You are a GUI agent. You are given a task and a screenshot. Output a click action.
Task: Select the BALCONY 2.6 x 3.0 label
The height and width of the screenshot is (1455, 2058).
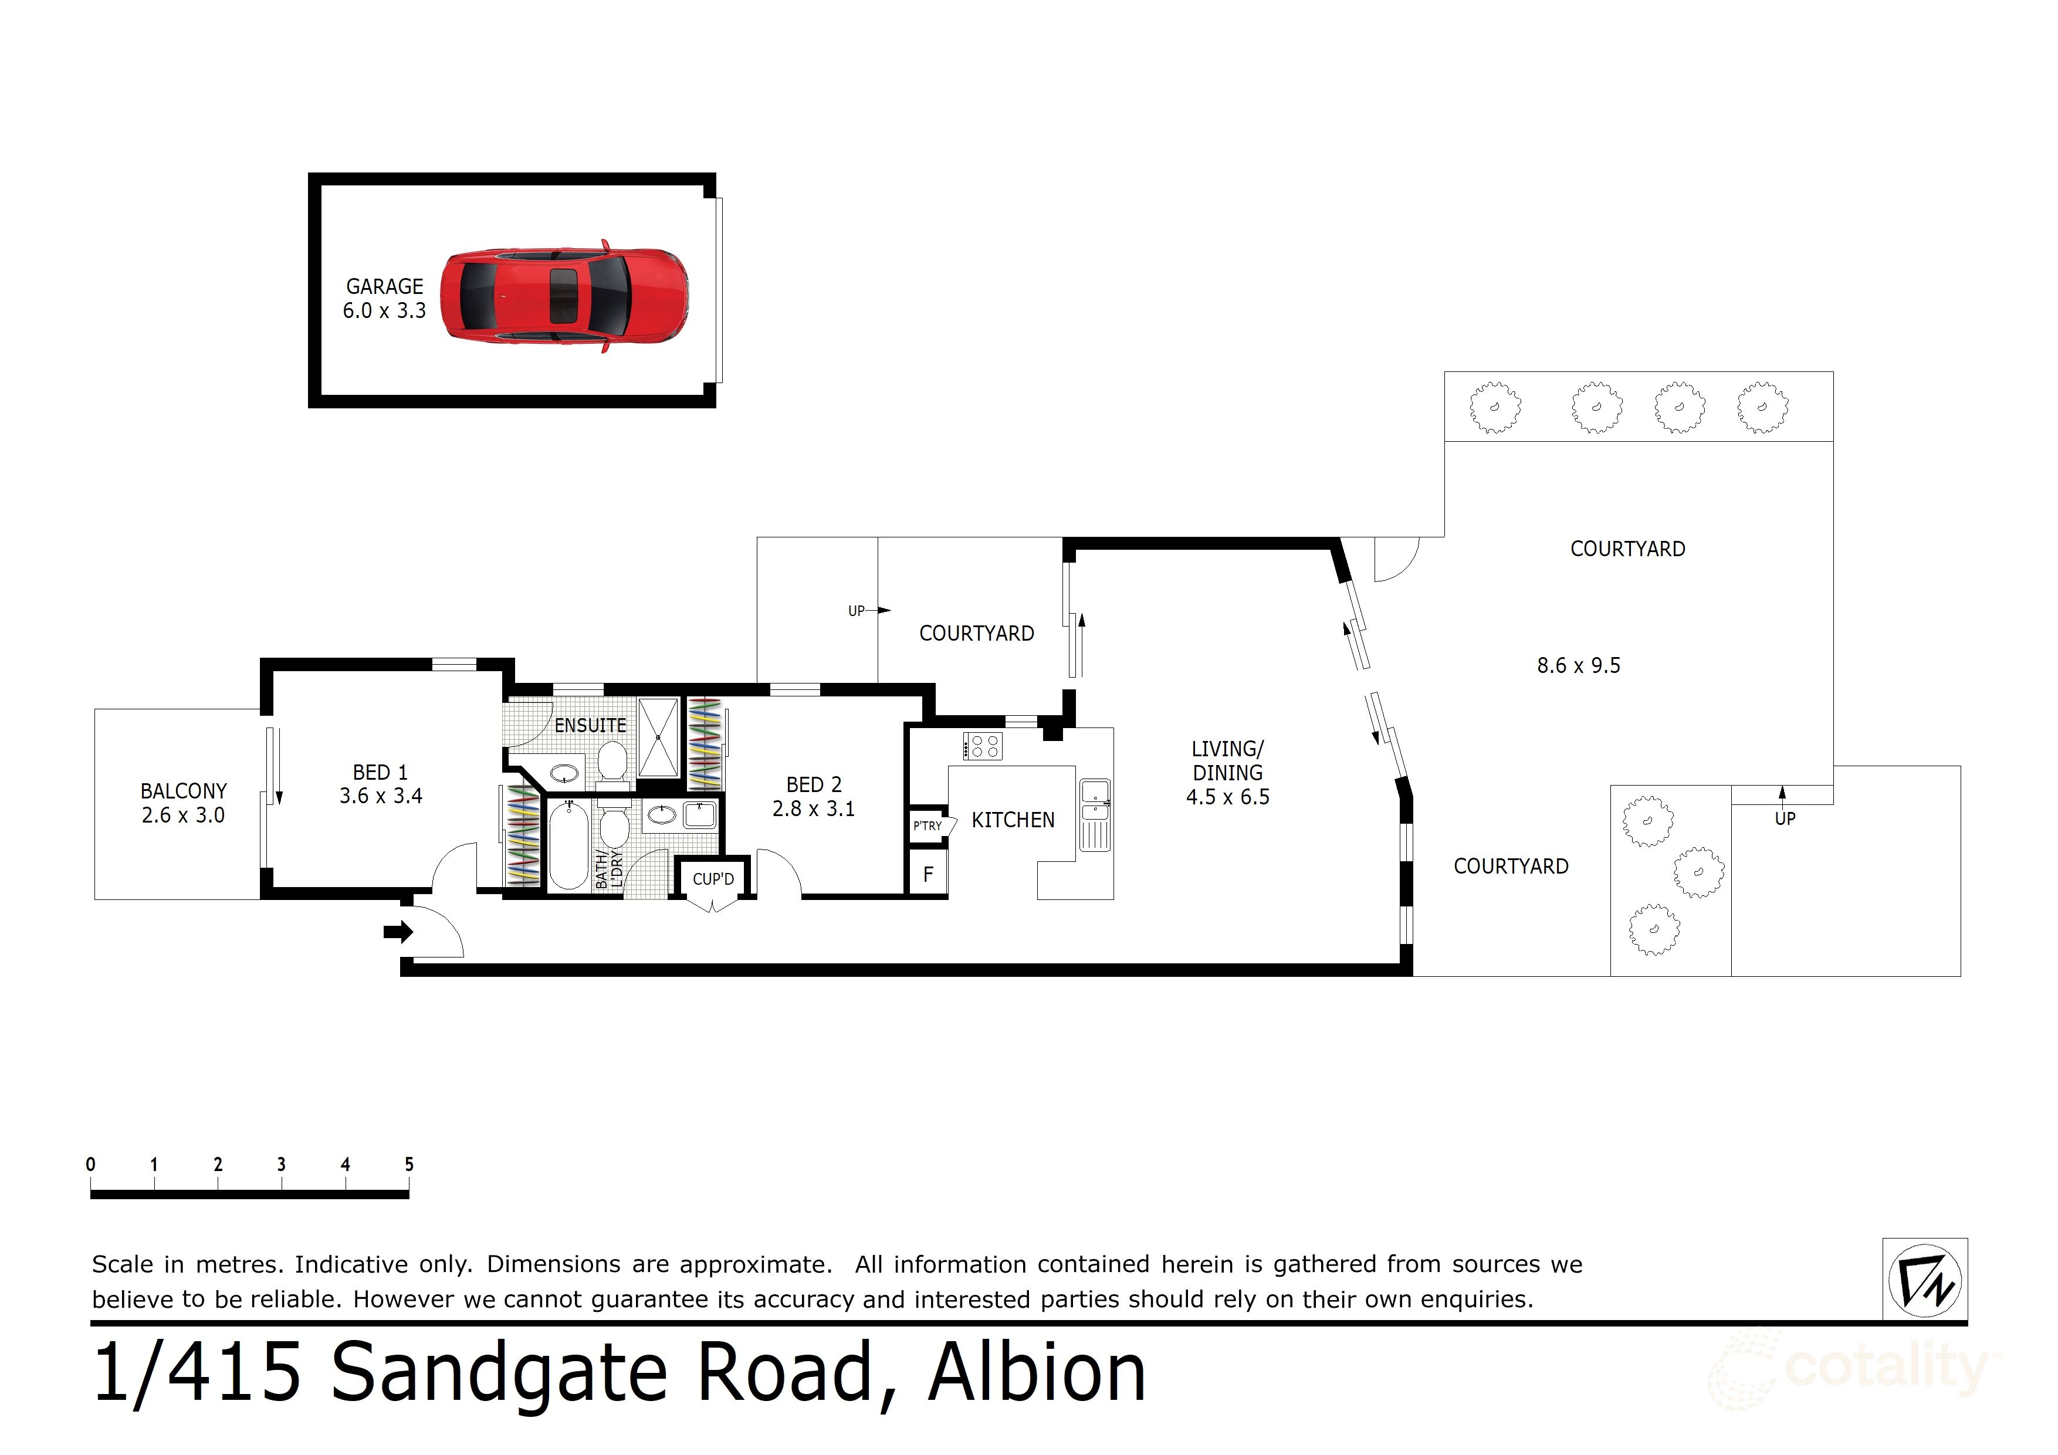coord(184,803)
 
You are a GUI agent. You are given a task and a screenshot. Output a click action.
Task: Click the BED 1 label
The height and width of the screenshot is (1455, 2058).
coord(380,773)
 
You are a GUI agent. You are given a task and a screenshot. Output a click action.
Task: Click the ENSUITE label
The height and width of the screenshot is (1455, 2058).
coord(590,725)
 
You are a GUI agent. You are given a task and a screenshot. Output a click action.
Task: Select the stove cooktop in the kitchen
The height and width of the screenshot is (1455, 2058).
coord(983,746)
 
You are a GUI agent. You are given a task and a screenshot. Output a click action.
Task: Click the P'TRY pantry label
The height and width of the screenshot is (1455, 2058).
coord(928,825)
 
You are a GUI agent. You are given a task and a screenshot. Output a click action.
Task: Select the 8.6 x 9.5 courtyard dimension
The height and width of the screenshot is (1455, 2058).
coord(1579,666)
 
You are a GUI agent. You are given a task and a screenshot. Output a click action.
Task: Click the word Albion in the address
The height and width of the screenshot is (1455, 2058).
coord(1037,1373)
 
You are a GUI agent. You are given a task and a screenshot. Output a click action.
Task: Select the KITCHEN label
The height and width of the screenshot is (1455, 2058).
coord(1013,820)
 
